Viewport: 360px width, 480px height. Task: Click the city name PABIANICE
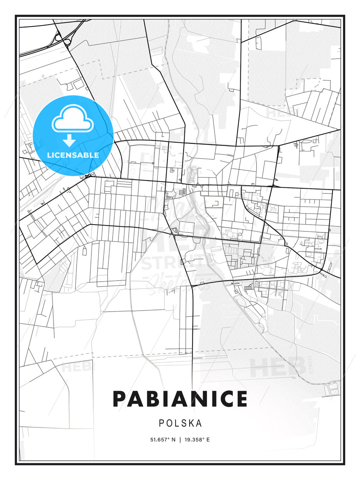point(180,399)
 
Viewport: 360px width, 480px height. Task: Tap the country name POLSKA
point(180,423)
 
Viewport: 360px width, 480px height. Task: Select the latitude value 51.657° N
point(163,439)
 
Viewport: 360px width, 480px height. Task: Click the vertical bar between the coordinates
point(180,439)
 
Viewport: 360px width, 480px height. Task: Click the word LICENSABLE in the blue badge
point(73,155)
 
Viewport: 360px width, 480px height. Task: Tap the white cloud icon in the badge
point(72,118)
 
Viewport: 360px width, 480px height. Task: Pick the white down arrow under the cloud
point(69,140)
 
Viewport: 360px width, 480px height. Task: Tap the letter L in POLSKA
point(177,423)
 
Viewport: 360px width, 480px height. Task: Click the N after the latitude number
point(173,439)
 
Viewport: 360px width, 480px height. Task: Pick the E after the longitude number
point(208,439)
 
